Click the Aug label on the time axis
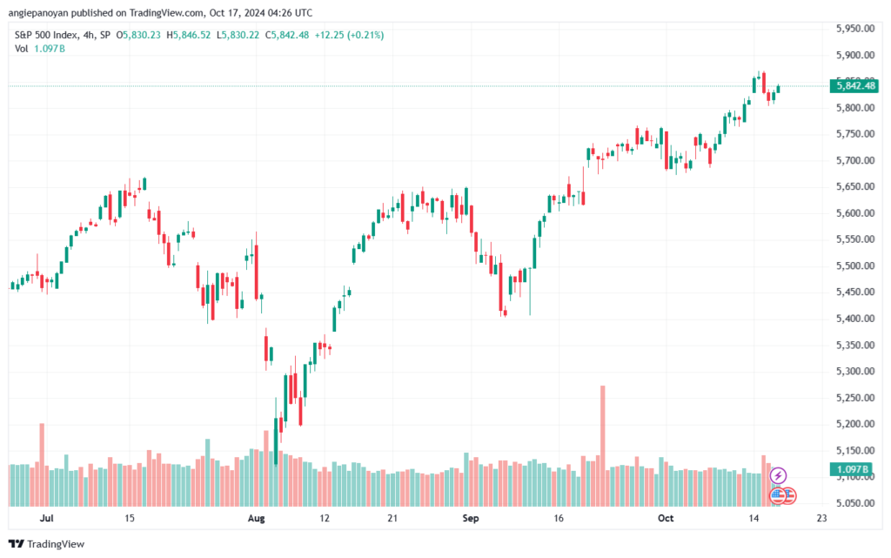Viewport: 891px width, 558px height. [x=256, y=518]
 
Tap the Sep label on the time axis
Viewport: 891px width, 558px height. [x=471, y=518]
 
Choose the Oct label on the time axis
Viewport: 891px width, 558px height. [x=667, y=518]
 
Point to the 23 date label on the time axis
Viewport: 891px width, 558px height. [x=821, y=518]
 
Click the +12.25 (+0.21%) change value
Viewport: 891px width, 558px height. [x=352, y=35]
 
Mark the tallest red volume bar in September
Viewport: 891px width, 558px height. [x=603, y=444]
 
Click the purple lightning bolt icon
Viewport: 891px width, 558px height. [x=779, y=475]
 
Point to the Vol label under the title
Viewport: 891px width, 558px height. [x=22, y=48]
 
